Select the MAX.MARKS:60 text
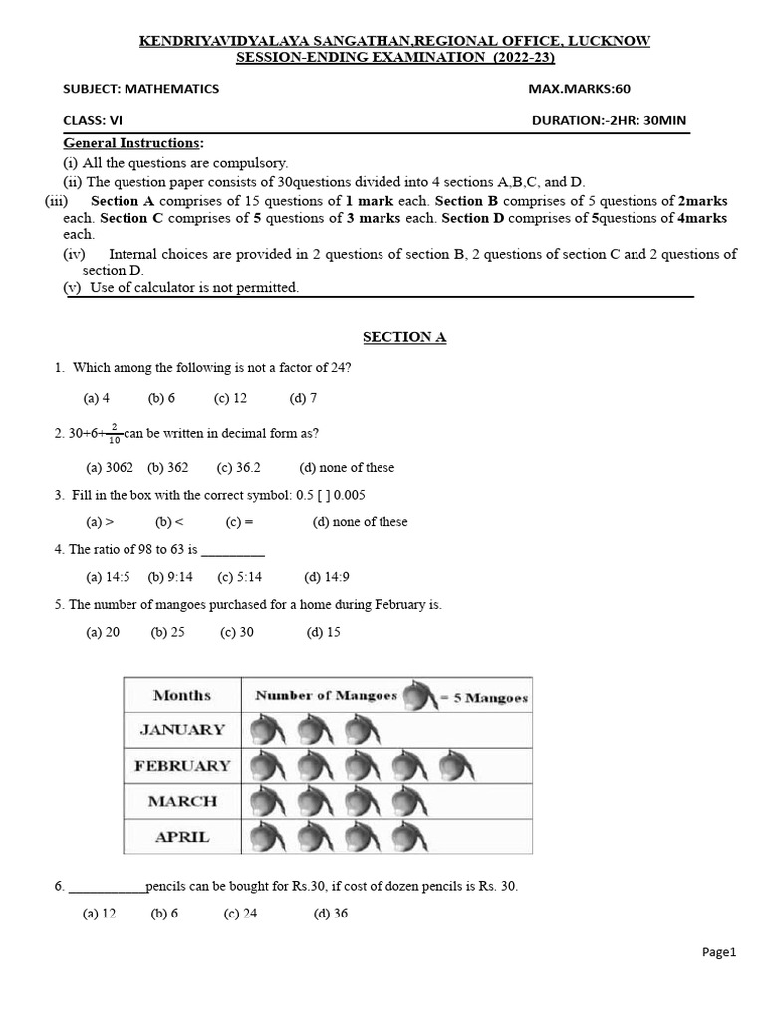[579, 89]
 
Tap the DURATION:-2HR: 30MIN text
[609, 121]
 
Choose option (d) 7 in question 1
[303, 398]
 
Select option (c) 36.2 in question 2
[239, 468]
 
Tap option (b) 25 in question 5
[168, 632]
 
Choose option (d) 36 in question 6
[330, 915]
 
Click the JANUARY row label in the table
[182, 730]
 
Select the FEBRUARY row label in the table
[182, 766]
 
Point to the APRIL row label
[182, 837]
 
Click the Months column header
[182, 695]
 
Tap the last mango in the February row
[456, 767]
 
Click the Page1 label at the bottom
[718, 952]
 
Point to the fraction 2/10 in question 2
[115, 434]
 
